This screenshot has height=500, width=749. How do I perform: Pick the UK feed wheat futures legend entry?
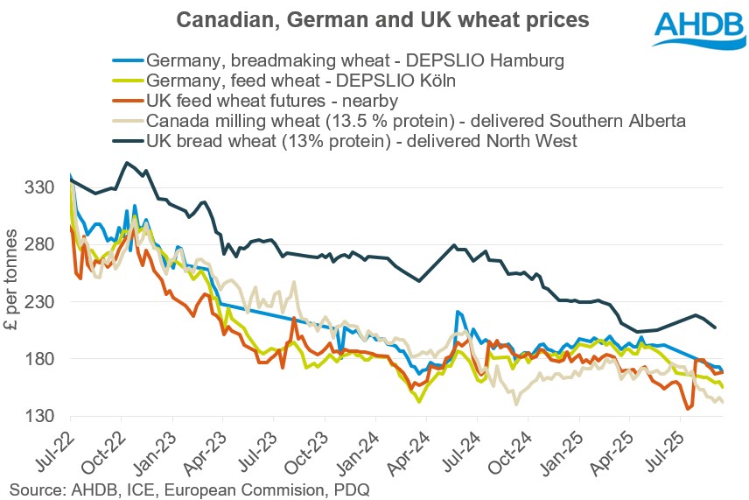(272, 100)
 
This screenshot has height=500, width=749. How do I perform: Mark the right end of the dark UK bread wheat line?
(716, 327)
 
